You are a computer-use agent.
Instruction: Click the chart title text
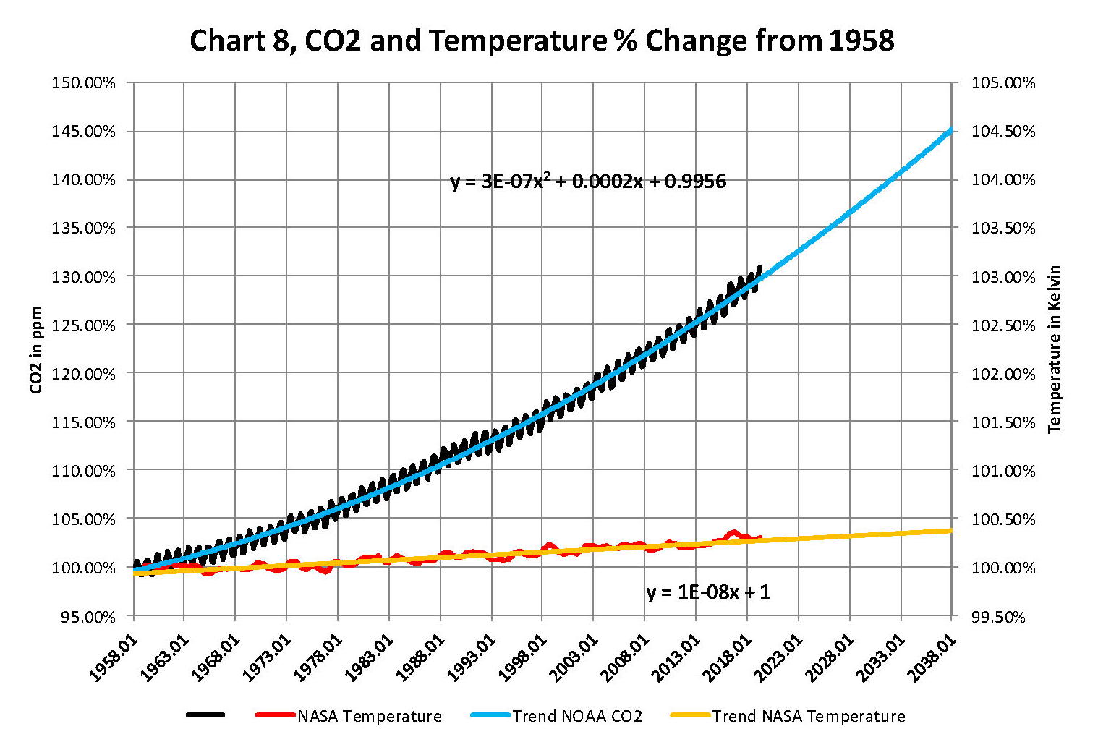(x=542, y=40)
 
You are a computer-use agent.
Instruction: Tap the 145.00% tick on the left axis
(x=83, y=132)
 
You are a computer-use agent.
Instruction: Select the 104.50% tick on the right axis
(x=1003, y=132)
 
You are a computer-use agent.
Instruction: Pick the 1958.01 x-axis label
(x=114, y=657)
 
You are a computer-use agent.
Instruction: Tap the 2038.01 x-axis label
(x=932, y=657)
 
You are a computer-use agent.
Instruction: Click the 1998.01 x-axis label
(x=523, y=657)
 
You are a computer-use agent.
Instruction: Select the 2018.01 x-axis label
(x=728, y=657)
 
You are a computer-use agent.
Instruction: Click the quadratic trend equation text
(x=588, y=181)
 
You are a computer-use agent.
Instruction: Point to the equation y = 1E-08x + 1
(x=708, y=593)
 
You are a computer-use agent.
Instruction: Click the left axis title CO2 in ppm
(x=36, y=350)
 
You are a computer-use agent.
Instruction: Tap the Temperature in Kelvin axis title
(x=1055, y=349)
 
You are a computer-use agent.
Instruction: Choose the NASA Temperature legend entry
(x=369, y=716)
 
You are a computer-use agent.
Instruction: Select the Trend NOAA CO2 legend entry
(x=577, y=716)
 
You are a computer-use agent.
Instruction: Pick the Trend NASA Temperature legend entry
(x=808, y=716)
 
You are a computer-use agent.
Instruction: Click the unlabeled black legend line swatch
(x=205, y=715)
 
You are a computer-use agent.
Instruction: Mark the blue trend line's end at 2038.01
(x=950, y=131)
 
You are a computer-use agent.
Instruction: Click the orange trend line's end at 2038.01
(x=950, y=531)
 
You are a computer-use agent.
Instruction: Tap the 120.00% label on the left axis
(x=83, y=374)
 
